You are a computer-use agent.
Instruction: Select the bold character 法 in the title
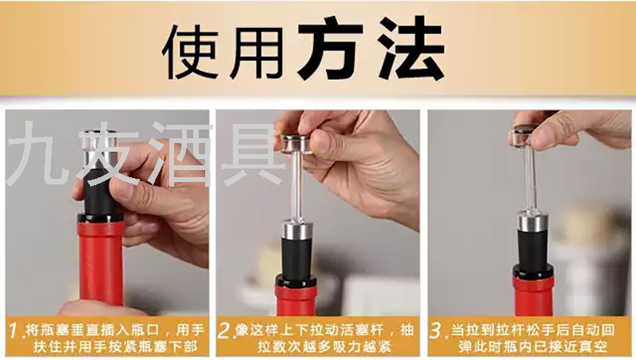tap(410, 48)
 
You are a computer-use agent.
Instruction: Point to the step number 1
tap(14, 331)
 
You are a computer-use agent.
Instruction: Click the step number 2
tap(224, 331)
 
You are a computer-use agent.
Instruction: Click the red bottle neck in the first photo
tap(101, 264)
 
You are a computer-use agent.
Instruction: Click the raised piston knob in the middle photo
tap(297, 143)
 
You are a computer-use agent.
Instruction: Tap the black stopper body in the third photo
tap(532, 247)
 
